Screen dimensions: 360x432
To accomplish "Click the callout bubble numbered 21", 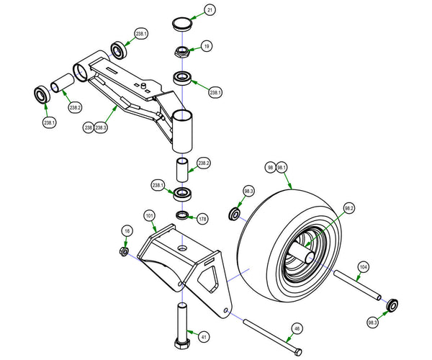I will coord(210,10).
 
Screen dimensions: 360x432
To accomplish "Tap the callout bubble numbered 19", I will coord(207,47).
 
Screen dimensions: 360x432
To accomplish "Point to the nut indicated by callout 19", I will coord(181,52).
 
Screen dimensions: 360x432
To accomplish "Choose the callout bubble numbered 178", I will coord(202,218).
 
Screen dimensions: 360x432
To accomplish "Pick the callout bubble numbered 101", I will coord(150,215).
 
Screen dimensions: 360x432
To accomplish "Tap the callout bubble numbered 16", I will coord(127,230).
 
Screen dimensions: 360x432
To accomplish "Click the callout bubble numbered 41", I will coord(204,336).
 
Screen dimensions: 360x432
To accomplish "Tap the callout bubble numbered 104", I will coord(364,266).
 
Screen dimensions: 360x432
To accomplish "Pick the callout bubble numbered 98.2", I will coord(349,209).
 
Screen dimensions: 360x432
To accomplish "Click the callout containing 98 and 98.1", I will coord(276,167).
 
